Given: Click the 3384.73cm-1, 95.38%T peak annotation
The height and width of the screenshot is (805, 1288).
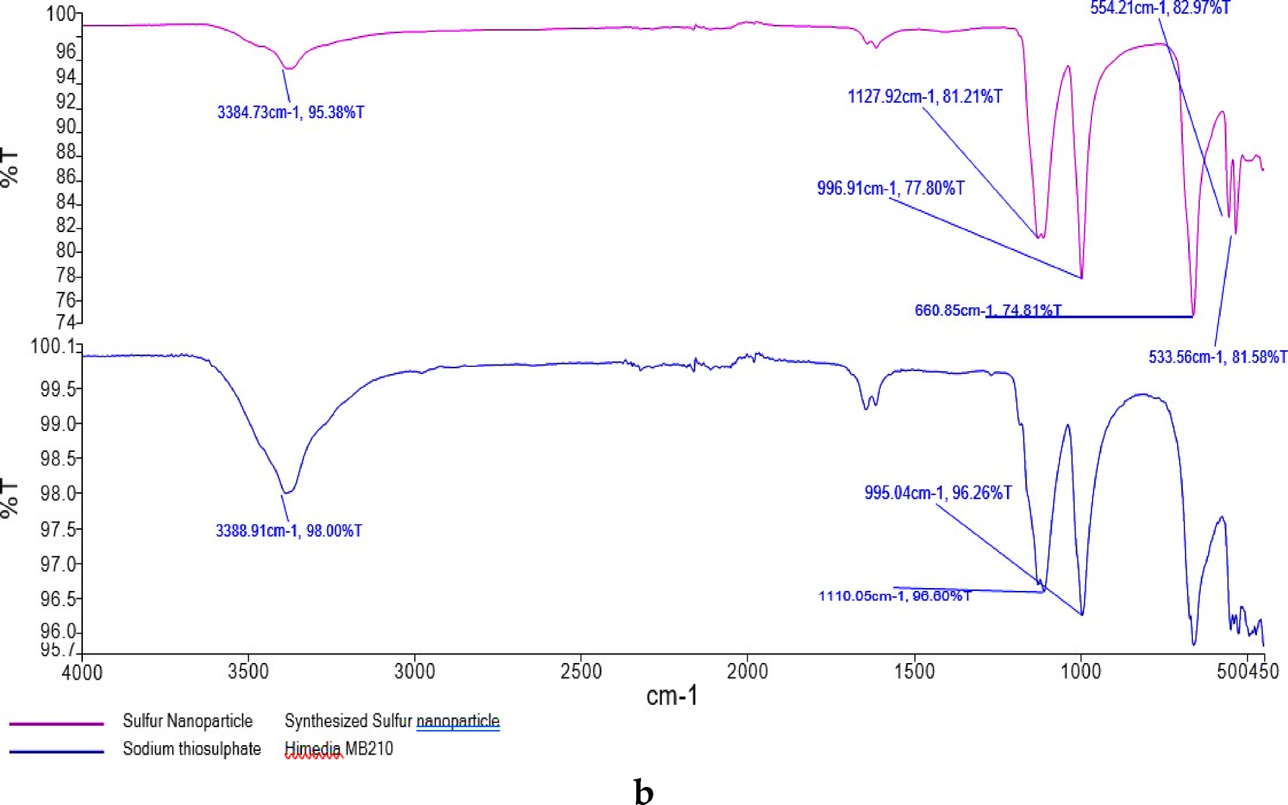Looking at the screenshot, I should (x=290, y=112).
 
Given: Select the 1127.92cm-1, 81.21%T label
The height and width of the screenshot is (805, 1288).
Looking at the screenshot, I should (x=924, y=97).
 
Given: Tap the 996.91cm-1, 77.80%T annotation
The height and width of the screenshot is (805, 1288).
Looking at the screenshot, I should (x=890, y=188).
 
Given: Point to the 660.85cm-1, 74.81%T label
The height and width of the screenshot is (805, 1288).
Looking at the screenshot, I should (x=988, y=311).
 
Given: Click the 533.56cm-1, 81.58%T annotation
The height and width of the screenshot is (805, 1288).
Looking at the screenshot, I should (x=1217, y=357).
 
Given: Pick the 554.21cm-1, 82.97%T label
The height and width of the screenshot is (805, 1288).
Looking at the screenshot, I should (x=1160, y=8).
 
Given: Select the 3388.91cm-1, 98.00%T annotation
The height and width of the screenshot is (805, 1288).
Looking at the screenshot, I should (x=289, y=531).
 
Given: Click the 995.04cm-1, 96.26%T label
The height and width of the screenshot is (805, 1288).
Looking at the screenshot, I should (x=938, y=493).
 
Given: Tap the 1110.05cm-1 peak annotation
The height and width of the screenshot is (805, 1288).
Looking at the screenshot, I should (x=894, y=596).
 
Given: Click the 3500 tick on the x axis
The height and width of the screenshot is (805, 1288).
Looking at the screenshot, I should (x=249, y=672).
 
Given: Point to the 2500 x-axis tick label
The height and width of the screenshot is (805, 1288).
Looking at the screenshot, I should (x=581, y=672).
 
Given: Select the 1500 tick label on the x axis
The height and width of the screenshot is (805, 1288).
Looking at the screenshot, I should (x=914, y=672).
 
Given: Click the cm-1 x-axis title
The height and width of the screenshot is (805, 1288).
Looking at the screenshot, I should (x=671, y=696).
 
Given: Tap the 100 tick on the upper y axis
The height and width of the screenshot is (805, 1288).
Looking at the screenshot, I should (x=61, y=14).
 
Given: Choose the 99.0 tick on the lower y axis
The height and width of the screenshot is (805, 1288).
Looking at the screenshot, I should (x=58, y=424).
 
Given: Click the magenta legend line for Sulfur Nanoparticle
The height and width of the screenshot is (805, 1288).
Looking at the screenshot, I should (x=56, y=723).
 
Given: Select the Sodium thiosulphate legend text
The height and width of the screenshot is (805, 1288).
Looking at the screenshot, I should (x=192, y=749).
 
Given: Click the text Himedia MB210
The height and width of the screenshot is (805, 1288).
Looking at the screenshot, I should (x=339, y=749).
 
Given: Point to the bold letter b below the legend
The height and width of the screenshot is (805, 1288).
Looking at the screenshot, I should (x=643, y=791).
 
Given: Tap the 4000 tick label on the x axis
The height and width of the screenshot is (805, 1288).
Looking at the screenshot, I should (x=83, y=672).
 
